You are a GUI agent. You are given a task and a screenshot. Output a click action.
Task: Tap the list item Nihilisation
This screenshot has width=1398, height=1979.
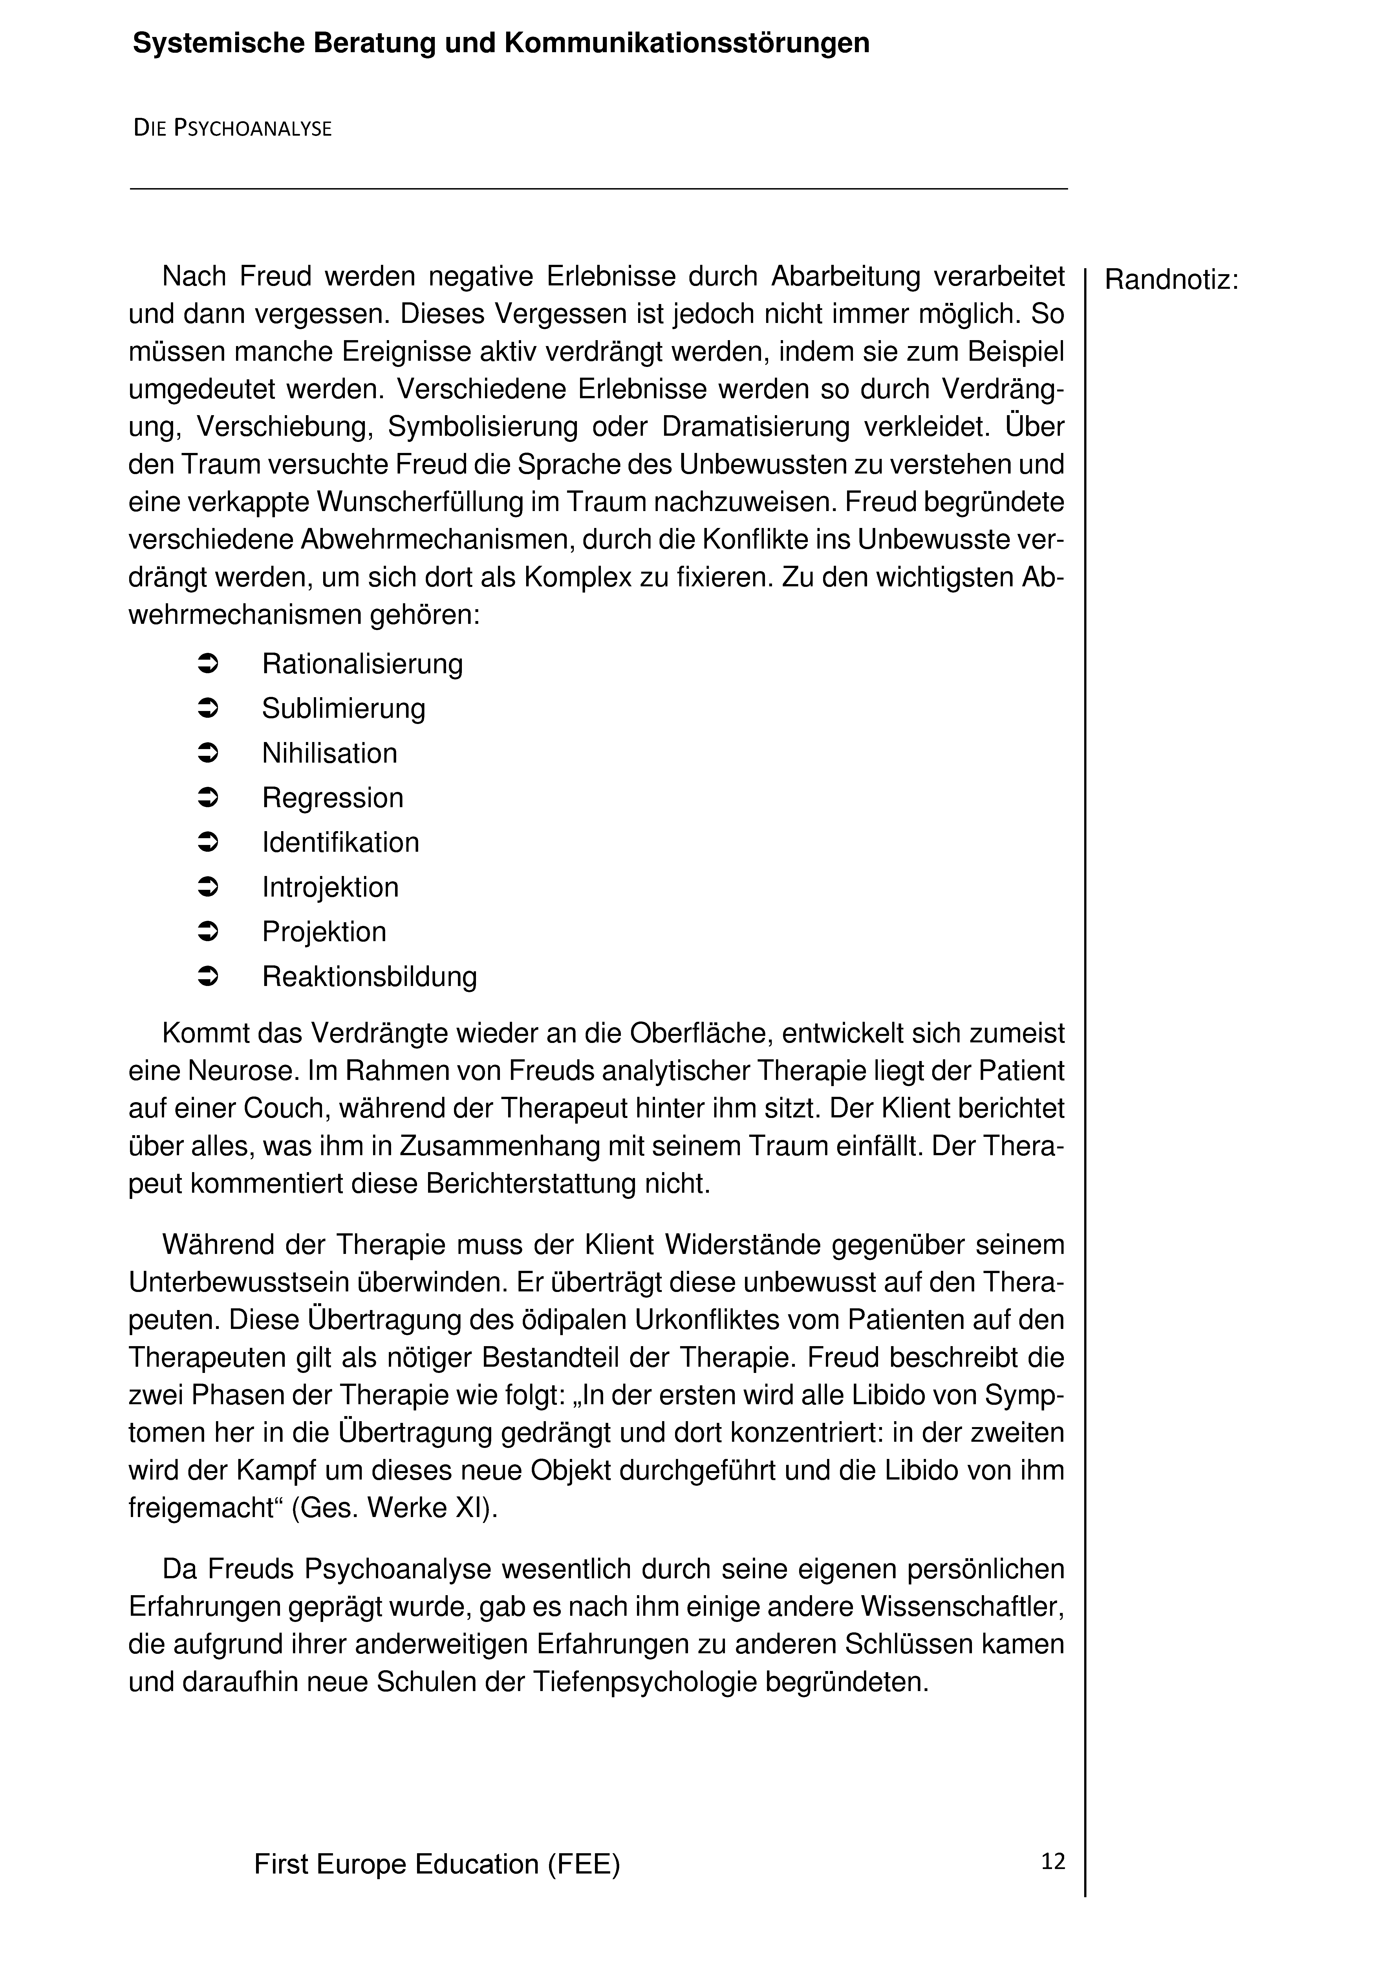[x=329, y=753]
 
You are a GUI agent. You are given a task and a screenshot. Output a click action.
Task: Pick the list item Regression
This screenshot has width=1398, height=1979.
[x=333, y=798]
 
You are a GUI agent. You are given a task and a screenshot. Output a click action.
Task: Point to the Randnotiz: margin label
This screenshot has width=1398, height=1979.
[x=1170, y=280]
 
